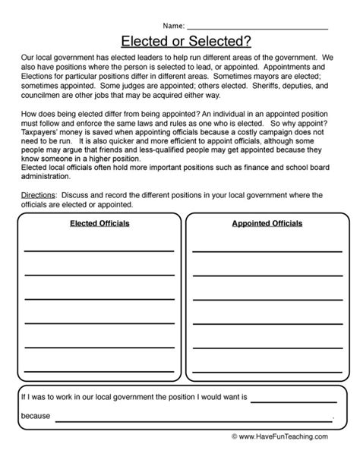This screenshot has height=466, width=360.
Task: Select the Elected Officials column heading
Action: coord(99,224)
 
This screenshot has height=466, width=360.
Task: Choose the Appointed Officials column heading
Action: coord(267,224)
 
